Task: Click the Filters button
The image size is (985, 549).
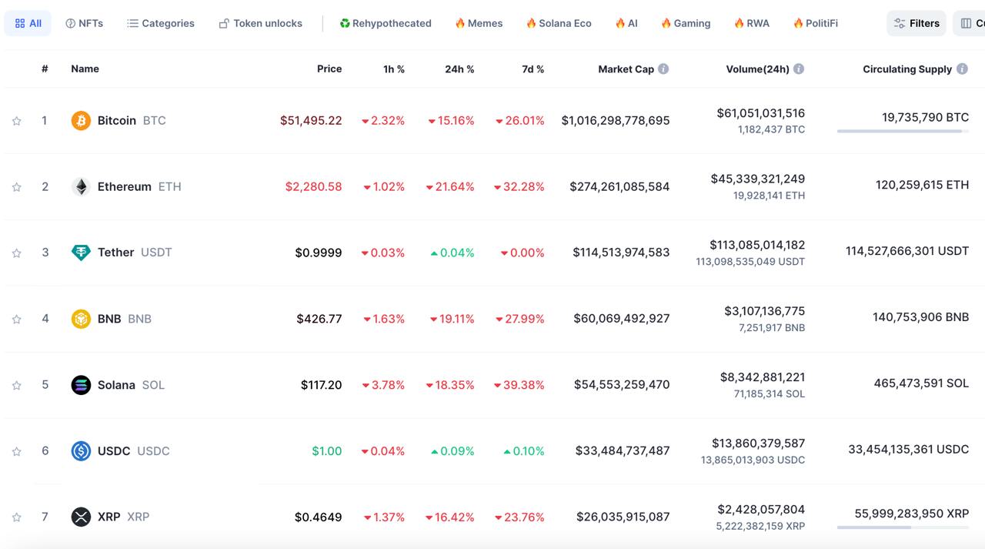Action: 916,23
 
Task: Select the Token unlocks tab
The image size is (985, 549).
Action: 261,23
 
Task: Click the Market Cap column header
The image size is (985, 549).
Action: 626,69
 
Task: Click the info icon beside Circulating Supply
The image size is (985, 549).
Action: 962,69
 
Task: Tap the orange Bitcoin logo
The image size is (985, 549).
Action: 81,121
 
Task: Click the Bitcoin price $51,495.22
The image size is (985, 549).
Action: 311,121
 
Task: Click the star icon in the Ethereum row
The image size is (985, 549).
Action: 17,187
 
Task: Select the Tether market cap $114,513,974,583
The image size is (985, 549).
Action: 621,253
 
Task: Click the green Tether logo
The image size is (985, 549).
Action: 81,253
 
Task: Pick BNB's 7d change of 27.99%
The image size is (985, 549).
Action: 520,319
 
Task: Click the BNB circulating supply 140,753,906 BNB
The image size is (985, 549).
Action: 920,317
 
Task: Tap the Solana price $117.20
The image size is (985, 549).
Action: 321,385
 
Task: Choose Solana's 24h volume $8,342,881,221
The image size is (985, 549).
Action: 762,377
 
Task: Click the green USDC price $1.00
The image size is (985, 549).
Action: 326,451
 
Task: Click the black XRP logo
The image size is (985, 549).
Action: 81,517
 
